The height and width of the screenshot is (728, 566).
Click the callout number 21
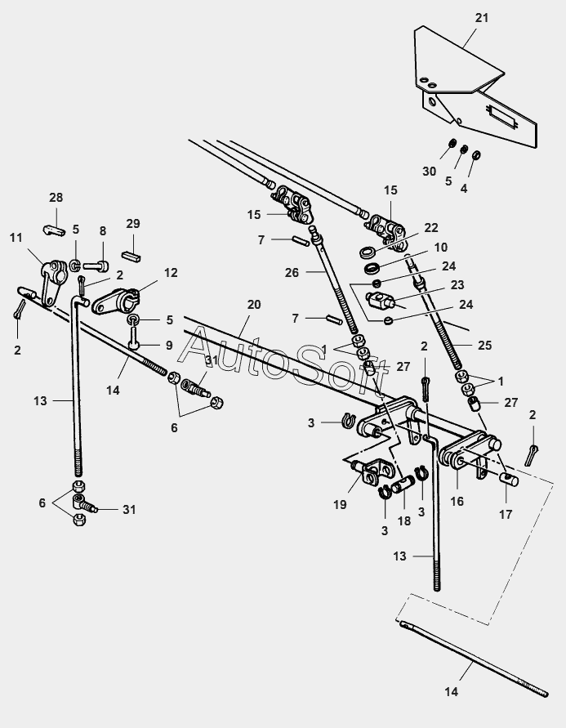pyautogui.click(x=482, y=18)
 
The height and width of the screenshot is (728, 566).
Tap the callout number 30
pyautogui.click(x=429, y=172)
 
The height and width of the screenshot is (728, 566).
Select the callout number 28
pyautogui.click(x=56, y=198)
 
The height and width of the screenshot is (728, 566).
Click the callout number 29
pyautogui.click(x=133, y=223)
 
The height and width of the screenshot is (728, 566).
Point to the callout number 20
pyautogui.click(x=254, y=305)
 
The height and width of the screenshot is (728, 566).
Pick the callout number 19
pyautogui.click(x=340, y=504)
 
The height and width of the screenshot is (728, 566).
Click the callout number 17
pyautogui.click(x=506, y=515)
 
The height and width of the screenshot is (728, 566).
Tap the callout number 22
pyautogui.click(x=431, y=228)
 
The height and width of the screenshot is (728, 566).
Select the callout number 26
pyautogui.click(x=292, y=273)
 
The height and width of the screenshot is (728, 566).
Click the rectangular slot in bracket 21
pyautogui.click(x=501, y=116)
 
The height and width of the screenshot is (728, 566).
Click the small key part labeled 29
pyautogui.click(x=131, y=257)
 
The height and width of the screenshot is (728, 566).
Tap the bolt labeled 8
pyautogui.click(x=96, y=267)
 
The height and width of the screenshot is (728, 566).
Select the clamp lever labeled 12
pyautogui.click(x=115, y=301)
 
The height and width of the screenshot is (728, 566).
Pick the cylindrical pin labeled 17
pyautogui.click(x=509, y=479)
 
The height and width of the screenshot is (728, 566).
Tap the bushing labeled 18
pyautogui.click(x=403, y=486)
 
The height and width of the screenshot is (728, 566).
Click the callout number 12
pyautogui.click(x=171, y=273)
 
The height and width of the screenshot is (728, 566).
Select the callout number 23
pyautogui.click(x=457, y=284)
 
